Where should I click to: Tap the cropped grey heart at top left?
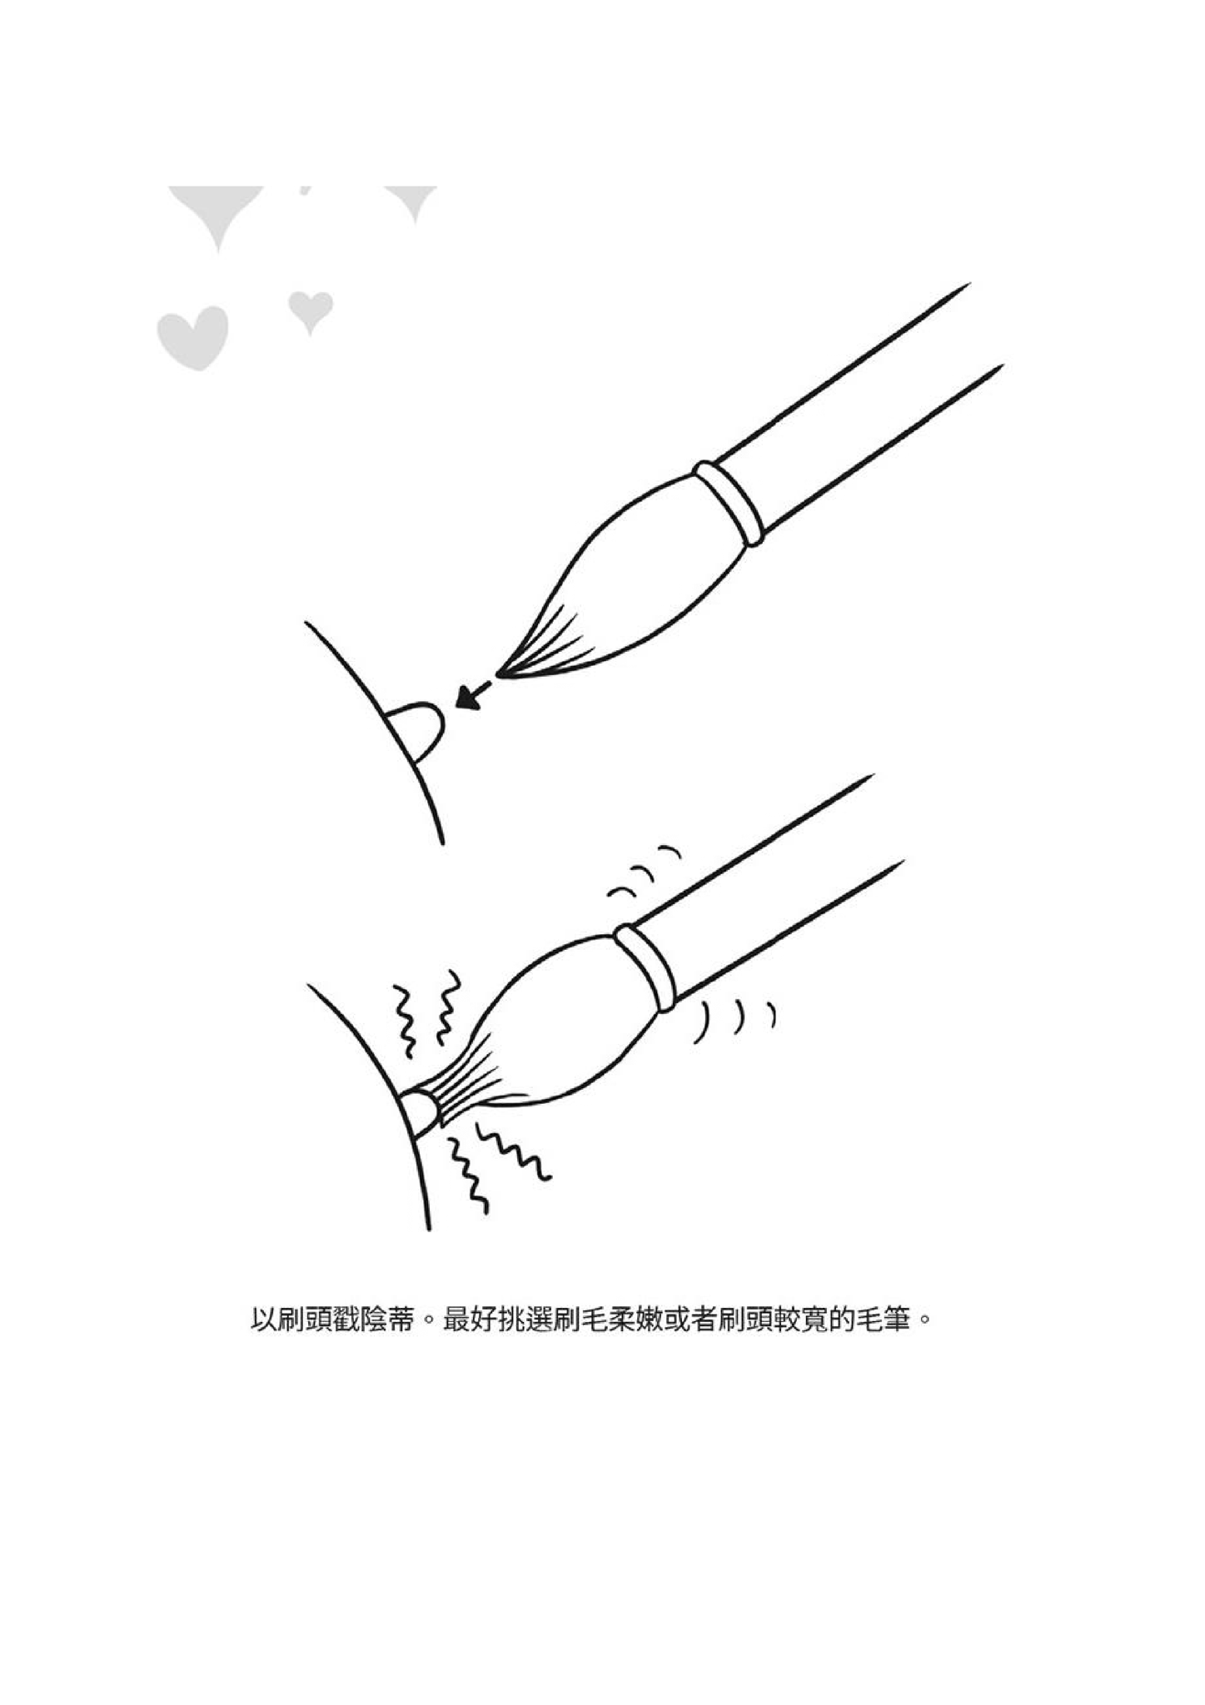219,212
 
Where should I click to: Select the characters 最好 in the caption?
467,1319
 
